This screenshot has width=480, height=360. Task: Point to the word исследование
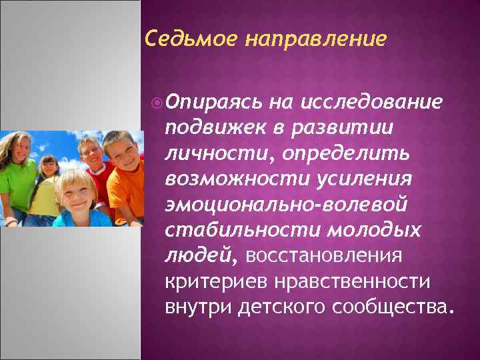(x=373, y=103)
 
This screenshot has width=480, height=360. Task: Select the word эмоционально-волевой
(x=285, y=204)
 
